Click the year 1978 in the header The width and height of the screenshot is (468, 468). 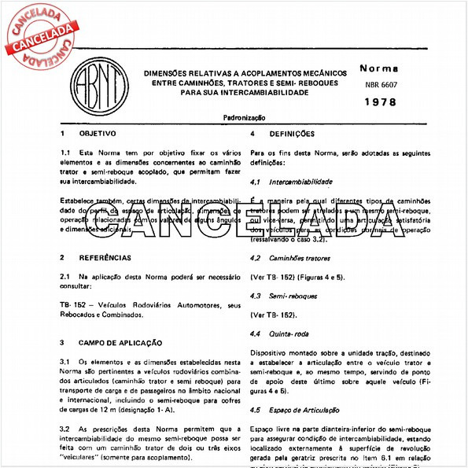click(x=381, y=102)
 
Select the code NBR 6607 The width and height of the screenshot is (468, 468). click(x=381, y=84)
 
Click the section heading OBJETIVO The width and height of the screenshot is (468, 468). click(x=98, y=134)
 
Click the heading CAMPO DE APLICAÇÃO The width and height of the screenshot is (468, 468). click(x=120, y=343)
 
